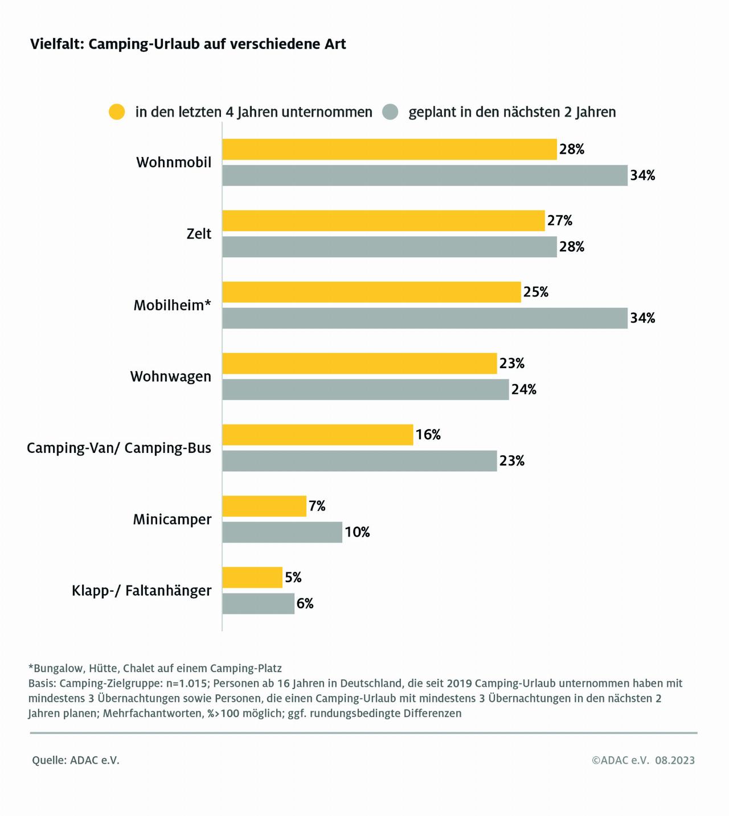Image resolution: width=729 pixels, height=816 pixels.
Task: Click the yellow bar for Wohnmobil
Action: click(x=389, y=149)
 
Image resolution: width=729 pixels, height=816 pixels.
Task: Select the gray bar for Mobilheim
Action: click(x=424, y=318)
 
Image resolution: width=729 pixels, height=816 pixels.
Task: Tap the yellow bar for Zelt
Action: click(x=383, y=221)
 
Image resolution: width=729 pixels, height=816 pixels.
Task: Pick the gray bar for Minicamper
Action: click(x=282, y=532)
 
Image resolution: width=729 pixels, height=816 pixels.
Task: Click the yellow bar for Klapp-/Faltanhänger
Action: click(x=252, y=578)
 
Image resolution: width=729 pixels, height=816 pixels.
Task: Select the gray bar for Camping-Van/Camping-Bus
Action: click(x=359, y=461)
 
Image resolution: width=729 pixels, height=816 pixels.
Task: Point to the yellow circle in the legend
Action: click(x=117, y=112)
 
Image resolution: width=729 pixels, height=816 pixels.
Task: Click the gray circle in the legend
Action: click(x=390, y=112)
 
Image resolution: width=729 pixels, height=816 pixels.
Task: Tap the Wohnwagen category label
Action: click(x=170, y=377)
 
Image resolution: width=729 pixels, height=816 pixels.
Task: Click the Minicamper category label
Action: click(x=172, y=520)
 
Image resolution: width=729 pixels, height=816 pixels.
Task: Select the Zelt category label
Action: click(x=199, y=234)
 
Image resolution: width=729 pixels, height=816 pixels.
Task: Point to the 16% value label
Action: click(x=428, y=435)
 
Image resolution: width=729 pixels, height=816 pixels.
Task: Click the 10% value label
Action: click(x=357, y=532)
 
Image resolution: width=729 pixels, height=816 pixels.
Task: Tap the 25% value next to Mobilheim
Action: click(x=535, y=292)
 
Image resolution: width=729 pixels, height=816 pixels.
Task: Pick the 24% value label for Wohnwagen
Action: click(x=524, y=389)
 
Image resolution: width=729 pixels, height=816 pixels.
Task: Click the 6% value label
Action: click(x=305, y=604)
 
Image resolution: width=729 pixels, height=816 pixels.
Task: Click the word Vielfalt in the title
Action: click(x=56, y=44)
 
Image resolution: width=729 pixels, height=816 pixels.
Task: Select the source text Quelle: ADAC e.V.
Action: click(x=76, y=760)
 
